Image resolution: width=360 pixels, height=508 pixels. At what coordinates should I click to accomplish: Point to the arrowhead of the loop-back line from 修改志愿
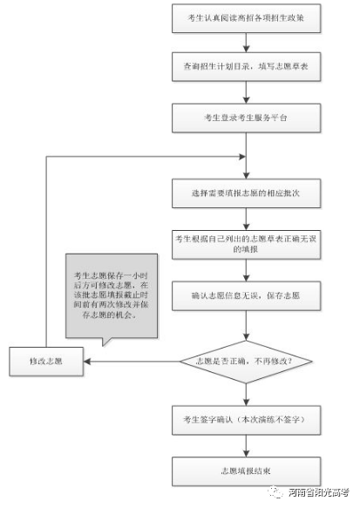tap(238, 157)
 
